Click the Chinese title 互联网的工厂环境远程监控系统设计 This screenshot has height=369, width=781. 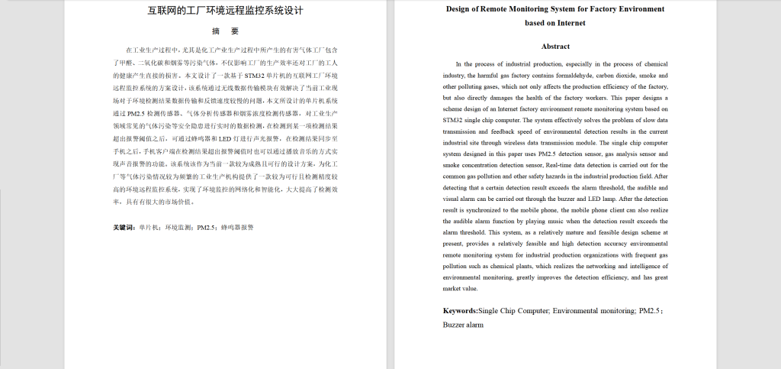click(x=225, y=11)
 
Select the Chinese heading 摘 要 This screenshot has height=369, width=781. click(x=225, y=31)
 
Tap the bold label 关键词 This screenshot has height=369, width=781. click(x=124, y=227)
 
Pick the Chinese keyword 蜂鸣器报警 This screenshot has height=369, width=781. click(x=237, y=227)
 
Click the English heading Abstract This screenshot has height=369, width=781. click(x=554, y=47)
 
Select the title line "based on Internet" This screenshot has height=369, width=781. click(x=554, y=23)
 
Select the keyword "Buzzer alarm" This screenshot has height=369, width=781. click(x=463, y=325)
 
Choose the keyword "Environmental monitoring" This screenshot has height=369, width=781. click(x=593, y=311)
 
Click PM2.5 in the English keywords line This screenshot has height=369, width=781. click(x=648, y=311)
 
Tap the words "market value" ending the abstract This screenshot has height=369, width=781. click(x=460, y=289)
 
